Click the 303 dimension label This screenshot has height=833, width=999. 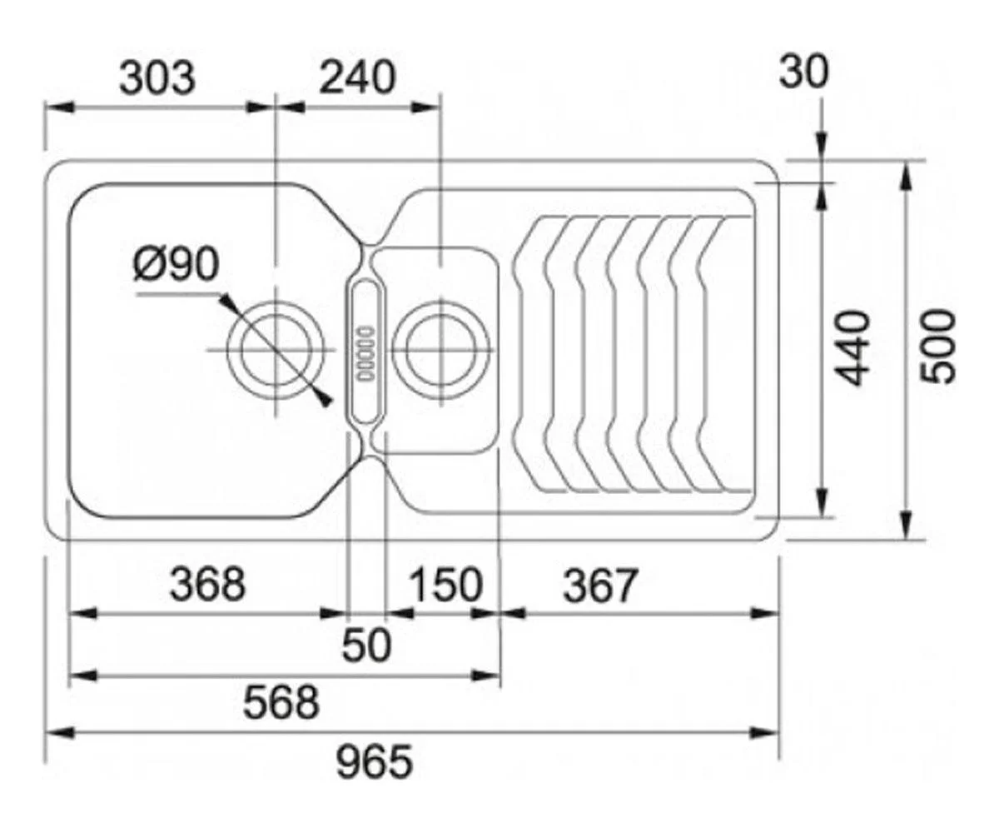click(x=157, y=78)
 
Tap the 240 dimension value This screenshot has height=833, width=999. click(x=357, y=77)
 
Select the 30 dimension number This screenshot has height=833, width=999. click(x=804, y=72)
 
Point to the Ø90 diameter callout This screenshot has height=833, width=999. click(x=176, y=264)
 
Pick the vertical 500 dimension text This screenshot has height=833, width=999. click(x=937, y=347)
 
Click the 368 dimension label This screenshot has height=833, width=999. click(x=207, y=584)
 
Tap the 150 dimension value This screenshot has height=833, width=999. click(x=446, y=584)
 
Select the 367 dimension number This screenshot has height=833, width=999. click(x=601, y=585)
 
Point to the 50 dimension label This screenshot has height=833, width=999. click(x=367, y=645)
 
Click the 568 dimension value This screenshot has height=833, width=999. click(x=281, y=702)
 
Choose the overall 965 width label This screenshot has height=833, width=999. click(x=374, y=761)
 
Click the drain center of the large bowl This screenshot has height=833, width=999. click(x=276, y=350)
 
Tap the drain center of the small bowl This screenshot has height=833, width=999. click(x=440, y=350)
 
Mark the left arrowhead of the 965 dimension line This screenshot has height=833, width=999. click(x=59, y=732)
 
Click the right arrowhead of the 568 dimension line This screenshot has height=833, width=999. click(x=486, y=676)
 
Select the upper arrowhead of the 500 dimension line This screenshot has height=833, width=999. click(x=905, y=177)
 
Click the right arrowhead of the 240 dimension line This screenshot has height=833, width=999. click(x=425, y=107)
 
